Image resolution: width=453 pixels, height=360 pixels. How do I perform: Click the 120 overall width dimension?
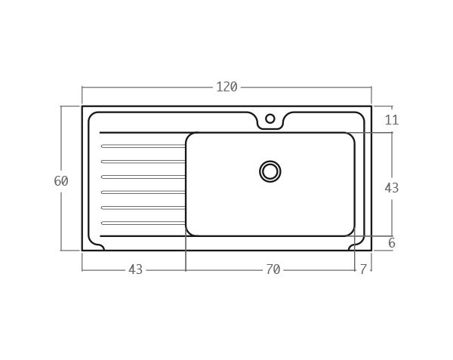point(226,87)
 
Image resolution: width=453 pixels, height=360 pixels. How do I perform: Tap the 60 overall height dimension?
point(61,181)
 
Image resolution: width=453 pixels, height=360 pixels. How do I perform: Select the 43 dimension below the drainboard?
point(135,269)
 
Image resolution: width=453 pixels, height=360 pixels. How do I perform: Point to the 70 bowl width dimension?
point(273,269)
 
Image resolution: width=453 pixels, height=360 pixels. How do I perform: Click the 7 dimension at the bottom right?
point(363,269)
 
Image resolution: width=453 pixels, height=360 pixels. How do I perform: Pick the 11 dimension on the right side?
point(391,120)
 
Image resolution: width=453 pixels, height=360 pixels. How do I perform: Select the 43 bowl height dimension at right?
point(391,188)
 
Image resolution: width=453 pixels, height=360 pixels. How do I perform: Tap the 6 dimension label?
point(391,243)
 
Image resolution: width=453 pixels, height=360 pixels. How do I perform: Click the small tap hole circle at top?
point(270,118)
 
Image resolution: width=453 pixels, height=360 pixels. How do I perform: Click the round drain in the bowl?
point(270,171)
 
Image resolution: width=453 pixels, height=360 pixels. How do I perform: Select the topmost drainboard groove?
point(143,146)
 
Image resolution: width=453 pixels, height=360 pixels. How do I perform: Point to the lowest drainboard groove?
point(143,223)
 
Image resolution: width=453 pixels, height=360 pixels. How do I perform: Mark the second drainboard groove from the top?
point(143,162)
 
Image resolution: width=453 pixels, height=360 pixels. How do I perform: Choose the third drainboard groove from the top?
point(143,177)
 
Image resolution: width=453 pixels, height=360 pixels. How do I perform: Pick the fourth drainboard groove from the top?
point(143,192)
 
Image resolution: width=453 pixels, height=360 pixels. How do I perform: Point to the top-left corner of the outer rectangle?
point(82,106)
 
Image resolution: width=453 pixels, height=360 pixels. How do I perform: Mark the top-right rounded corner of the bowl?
point(350,137)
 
